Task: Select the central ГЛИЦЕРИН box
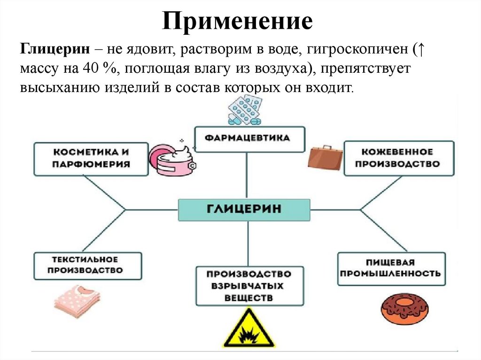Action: pos(244,209)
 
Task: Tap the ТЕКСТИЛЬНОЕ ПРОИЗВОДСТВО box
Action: pos(88,265)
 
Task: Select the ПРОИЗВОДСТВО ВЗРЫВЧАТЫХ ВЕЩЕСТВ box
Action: pos(249,285)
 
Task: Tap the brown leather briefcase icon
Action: pos(325,156)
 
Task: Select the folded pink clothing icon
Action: pos(77,300)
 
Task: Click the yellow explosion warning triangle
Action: pos(248,329)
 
